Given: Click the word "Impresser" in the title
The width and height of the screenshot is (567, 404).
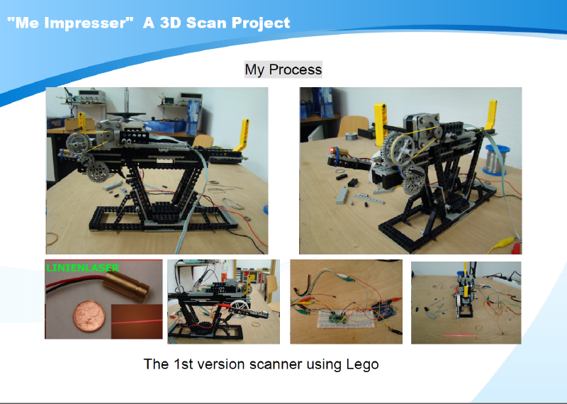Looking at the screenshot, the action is click(86, 23).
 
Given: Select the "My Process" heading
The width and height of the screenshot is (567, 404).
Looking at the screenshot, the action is click(283, 69).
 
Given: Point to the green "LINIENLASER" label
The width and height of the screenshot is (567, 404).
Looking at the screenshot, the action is click(82, 268).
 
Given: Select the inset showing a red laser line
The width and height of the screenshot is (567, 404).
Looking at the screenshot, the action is click(137, 321).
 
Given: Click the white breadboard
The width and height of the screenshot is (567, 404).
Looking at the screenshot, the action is click(344, 319).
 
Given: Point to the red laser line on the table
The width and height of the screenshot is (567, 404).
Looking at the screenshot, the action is click(459, 336).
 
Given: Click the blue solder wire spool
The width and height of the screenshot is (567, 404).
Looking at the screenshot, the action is click(497, 160).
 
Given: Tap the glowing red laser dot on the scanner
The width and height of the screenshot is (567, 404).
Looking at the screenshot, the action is click(332, 150).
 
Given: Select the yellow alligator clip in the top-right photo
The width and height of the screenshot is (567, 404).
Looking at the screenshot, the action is click(501, 243).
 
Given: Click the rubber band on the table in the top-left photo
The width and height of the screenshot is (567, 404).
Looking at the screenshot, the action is click(52, 238).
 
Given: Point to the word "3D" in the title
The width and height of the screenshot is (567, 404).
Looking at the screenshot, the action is click(170, 23).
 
